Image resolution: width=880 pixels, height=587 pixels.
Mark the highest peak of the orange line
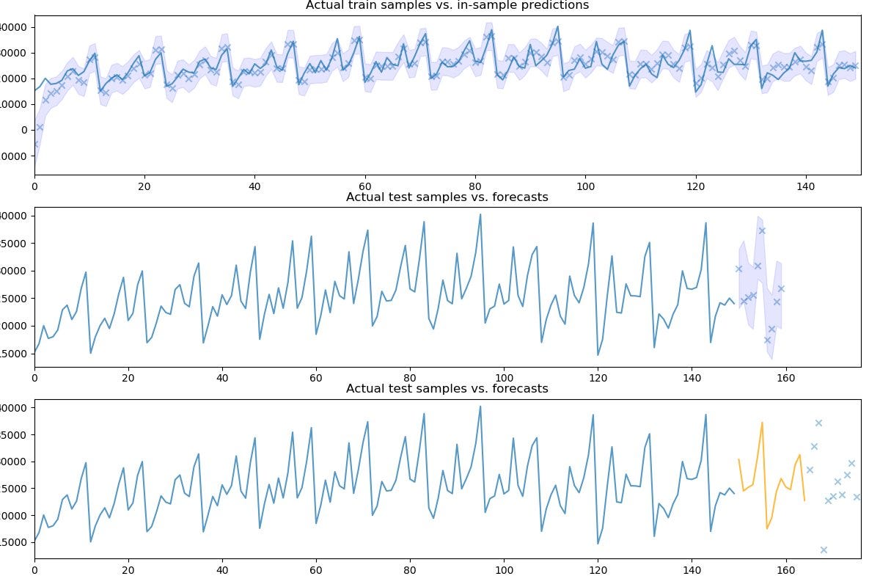pos(762,423)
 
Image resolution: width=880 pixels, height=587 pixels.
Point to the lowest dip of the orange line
pos(767,528)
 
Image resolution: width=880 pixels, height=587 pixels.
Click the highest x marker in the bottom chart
pos(818,423)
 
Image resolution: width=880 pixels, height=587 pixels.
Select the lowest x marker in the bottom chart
pos(824,550)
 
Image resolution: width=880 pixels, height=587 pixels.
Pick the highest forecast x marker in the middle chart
pos(762,230)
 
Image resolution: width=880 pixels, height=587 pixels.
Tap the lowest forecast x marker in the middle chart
pos(767,340)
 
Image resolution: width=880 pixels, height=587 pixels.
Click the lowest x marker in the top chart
pos(35,145)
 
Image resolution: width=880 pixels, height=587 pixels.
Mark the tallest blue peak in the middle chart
pos(480,214)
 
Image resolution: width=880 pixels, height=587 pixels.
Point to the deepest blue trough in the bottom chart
pos(598,544)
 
